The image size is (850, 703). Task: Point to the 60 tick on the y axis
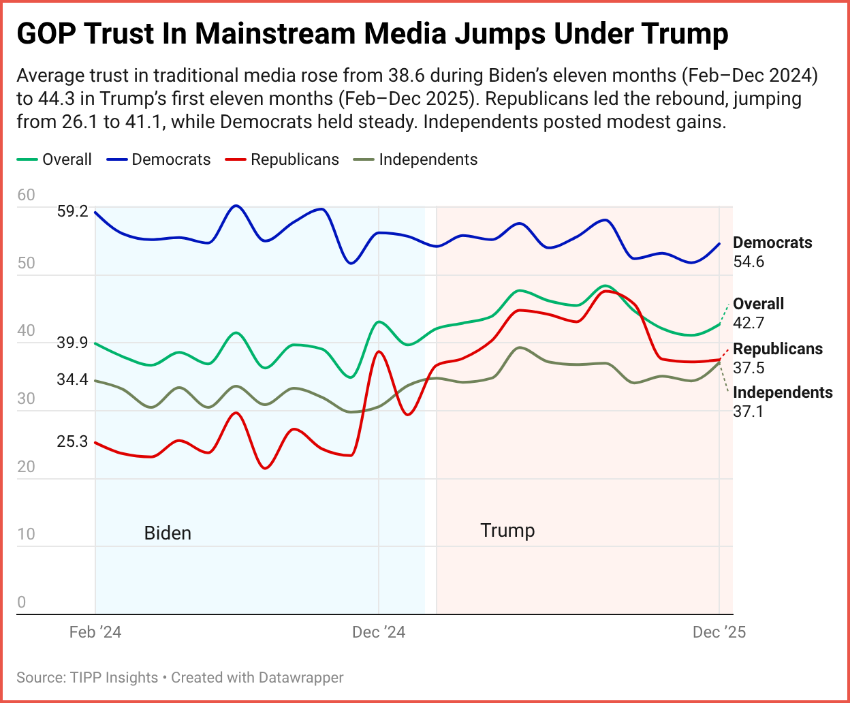click(x=26, y=195)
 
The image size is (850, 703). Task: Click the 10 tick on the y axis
click(x=26, y=534)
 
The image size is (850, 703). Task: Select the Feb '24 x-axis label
click(x=95, y=632)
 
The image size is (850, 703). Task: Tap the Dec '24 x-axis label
click(x=379, y=632)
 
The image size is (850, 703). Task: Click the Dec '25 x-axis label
click(x=719, y=632)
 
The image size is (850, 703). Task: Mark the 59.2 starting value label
click(x=73, y=211)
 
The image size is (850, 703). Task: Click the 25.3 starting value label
click(x=73, y=441)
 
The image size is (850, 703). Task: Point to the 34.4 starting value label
click(x=73, y=379)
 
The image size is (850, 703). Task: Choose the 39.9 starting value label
click(x=73, y=343)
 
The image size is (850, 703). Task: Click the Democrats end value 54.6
click(x=749, y=262)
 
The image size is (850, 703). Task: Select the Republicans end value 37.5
click(x=749, y=368)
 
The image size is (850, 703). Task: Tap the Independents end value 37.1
click(x=749, y=411)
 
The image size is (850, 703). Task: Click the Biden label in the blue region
click(x=168, y=533)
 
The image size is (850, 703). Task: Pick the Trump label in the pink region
click(x=507, y=530)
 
